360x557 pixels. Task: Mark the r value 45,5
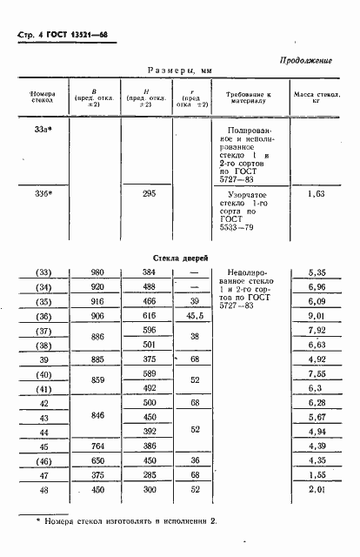click(x=194, y=316)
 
